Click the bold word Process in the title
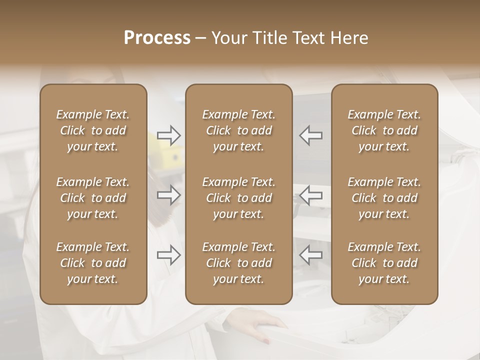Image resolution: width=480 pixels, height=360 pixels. click(x=157, y=38)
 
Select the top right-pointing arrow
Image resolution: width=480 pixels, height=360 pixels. click(x=168, y=135)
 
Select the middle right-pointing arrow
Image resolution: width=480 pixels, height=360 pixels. click(x=168, y=195)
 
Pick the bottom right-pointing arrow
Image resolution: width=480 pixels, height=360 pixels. click(x=168, y=255)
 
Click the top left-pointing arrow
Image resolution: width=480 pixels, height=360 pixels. click(x=310, y=135)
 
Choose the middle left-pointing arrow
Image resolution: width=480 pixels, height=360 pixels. click(x=310, y=195)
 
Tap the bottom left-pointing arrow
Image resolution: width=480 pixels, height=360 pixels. click(x=310, y=255)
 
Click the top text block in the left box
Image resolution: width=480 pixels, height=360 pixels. click(x=93, y=130)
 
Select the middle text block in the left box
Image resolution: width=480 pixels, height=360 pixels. click(x=93, y=198)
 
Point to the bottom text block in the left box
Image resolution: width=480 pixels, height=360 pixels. click(x=93, y=263)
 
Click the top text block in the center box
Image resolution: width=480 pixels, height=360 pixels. click(x=238, y=130)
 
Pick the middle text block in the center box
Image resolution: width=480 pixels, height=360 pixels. click(x=238, y=198)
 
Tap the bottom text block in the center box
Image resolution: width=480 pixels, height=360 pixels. click(x=238, y=263)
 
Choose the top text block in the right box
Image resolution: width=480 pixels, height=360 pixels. click(x=384, y=130)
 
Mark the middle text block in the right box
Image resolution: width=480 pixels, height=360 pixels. click(x=384, y=198)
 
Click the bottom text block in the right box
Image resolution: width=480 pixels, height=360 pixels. click(x=384, y=263)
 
